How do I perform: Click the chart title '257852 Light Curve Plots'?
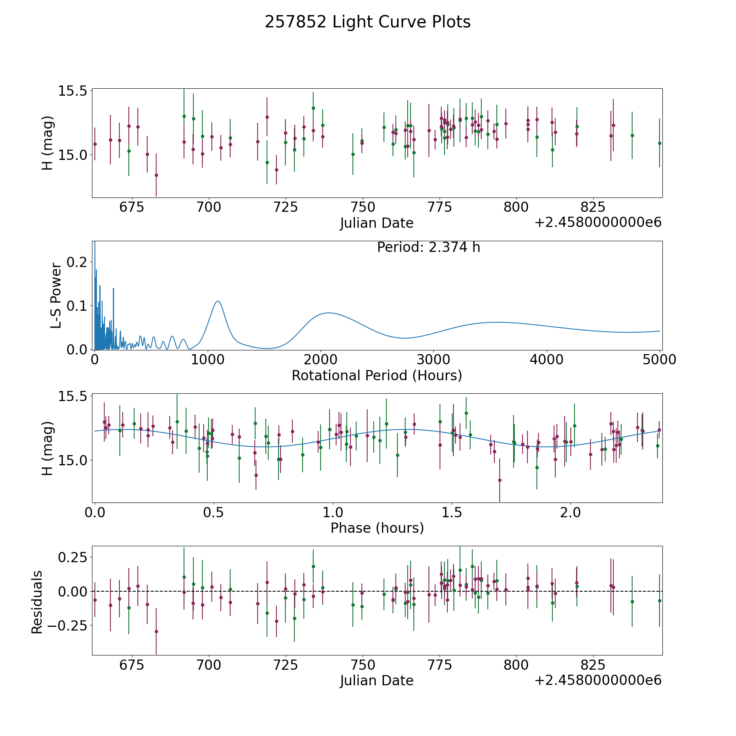(x=368, y=22)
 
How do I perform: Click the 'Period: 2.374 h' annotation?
(x=429, y=247)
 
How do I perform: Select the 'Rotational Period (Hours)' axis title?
(x=377, y=375)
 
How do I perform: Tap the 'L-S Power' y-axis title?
(x=56, y=296)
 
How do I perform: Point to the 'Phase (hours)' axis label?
(x=377, y=528)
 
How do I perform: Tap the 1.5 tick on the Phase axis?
(x=452, y=512)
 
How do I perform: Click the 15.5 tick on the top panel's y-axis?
(x=73, y=90)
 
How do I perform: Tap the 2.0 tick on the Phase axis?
(x=570, y=512)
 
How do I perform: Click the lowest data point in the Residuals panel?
(x=156, y=631)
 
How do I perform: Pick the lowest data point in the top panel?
(x=156, y=175)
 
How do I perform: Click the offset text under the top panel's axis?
(x=598, y=222)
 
